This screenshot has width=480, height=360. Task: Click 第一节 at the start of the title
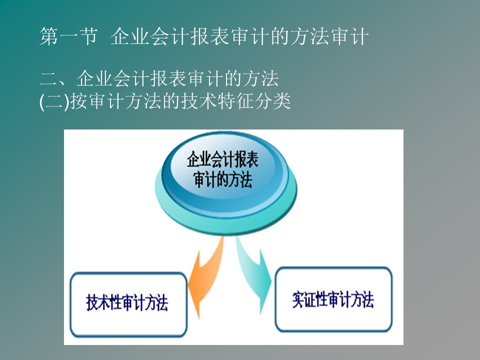[68, 36]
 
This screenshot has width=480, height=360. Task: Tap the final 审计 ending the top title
[350, 36]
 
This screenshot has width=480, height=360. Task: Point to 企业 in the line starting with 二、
[94, 78]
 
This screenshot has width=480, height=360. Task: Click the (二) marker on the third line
[54, 101]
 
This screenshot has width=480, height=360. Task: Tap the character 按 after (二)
[78, 101]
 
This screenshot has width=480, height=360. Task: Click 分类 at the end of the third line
[272, 101]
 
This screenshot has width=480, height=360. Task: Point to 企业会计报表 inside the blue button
[222, 159]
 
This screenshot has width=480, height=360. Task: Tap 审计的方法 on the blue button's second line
[222, 179]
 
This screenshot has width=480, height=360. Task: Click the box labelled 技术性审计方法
[128, 304]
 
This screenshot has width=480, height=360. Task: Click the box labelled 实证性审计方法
[333, 299]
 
